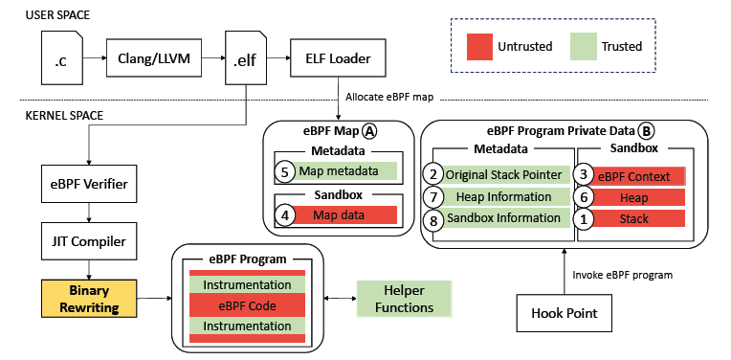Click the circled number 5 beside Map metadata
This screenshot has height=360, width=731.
(284, 172)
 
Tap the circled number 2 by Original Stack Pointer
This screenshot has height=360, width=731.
(434, 174)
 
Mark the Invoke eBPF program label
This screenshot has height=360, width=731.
(623, 274)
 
